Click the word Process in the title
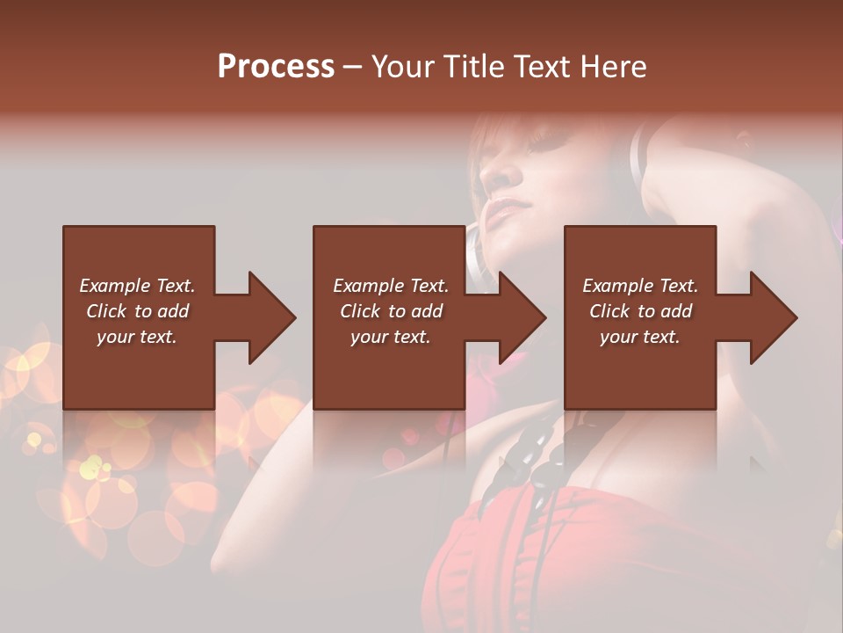point(276,67)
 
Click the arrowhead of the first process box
point(271,317)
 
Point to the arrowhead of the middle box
point(522,317)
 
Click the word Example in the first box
point(113,286)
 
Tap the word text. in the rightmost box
point(660,337)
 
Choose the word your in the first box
point(115,337)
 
